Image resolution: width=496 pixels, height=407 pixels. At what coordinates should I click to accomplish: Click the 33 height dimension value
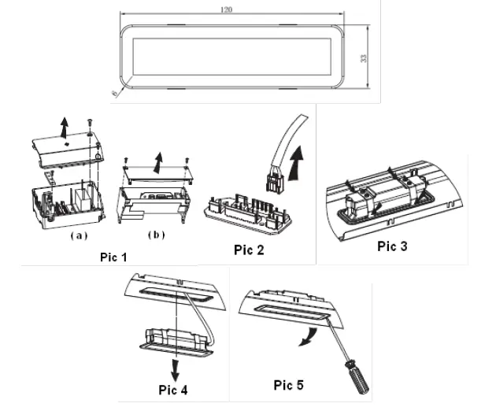(365, 59)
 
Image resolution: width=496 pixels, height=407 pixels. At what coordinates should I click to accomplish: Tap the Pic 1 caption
(115, 257)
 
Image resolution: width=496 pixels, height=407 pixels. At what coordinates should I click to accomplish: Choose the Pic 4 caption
(169, 388)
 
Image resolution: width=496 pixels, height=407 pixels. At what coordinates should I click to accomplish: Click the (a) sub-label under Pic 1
(78, 235)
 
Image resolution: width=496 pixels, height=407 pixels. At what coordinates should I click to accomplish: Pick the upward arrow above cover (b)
(157, 163)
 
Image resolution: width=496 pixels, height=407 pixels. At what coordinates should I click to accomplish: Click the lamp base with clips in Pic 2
(246, 213)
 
